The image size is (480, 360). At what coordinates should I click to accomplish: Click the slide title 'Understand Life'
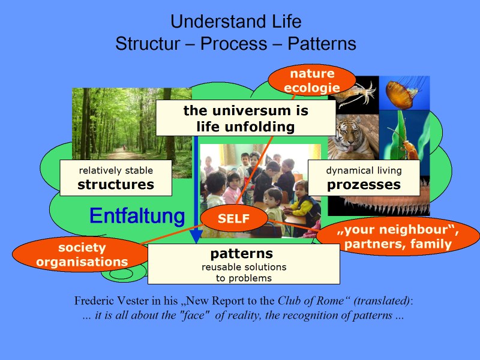[236, 22]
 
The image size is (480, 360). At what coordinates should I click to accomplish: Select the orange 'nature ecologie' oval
[311, 81]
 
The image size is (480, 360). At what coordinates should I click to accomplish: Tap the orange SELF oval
[233, 219]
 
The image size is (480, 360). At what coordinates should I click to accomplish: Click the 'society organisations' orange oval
[81, 254]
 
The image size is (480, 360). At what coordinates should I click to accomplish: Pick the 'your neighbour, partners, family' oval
[397, 236]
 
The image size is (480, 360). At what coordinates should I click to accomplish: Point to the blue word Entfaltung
[137, 216]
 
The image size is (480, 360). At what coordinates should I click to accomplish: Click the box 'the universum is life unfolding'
[245, 118]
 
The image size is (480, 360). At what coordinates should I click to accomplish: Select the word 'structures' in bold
[116, 185]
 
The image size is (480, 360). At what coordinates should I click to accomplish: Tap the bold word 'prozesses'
[364, 185]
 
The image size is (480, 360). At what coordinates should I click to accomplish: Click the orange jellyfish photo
[404, 93]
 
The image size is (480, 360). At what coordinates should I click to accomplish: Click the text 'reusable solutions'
[244, 267]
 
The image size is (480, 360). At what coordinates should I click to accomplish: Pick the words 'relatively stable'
[116, 170]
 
